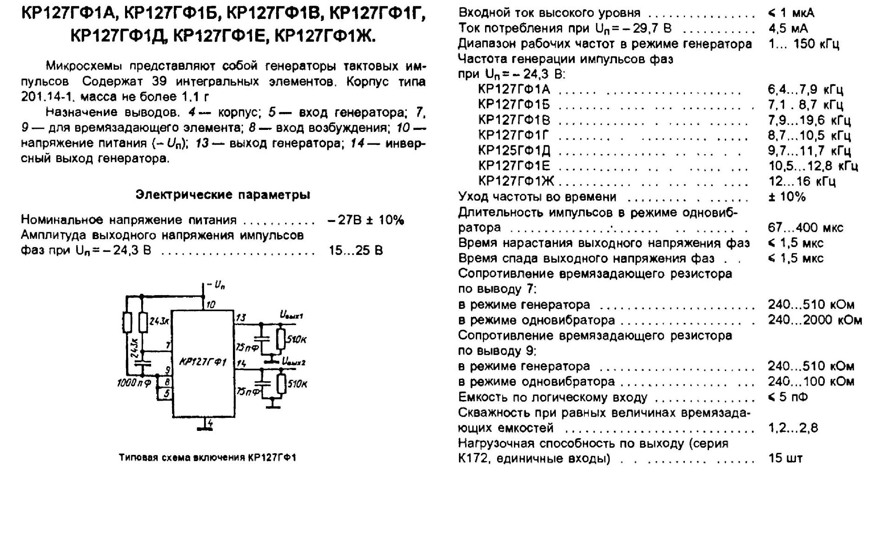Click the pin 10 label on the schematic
click(x=210, y=305)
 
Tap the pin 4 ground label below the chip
click(x=210, y=424)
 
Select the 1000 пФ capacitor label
click(x=134, y=383)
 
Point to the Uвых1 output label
click(x=292, y=315)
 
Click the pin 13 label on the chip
click(x=241, y=317)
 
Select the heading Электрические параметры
click(x=223, y=195)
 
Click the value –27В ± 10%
click(x=366, y=220)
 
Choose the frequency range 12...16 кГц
click(x=802, y=181)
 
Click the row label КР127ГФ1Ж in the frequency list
click(x=516, y=181)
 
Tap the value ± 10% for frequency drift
click(x=787, y=197)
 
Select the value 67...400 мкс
click(x=806, y=227)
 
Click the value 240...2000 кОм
click(x=815, y=320)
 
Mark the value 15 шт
click(x=786, y=458)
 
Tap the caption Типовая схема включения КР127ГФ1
click(x=207, y=458)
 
